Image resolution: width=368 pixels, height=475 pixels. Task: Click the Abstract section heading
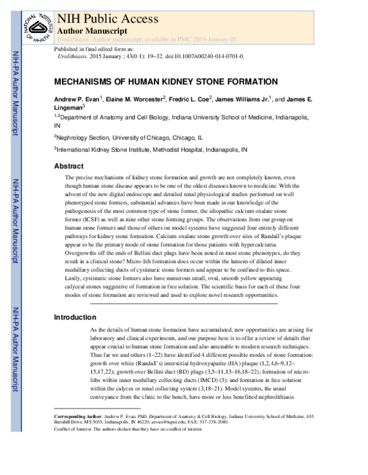pos(69,166)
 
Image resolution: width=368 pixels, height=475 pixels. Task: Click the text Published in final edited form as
pos(93,48)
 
